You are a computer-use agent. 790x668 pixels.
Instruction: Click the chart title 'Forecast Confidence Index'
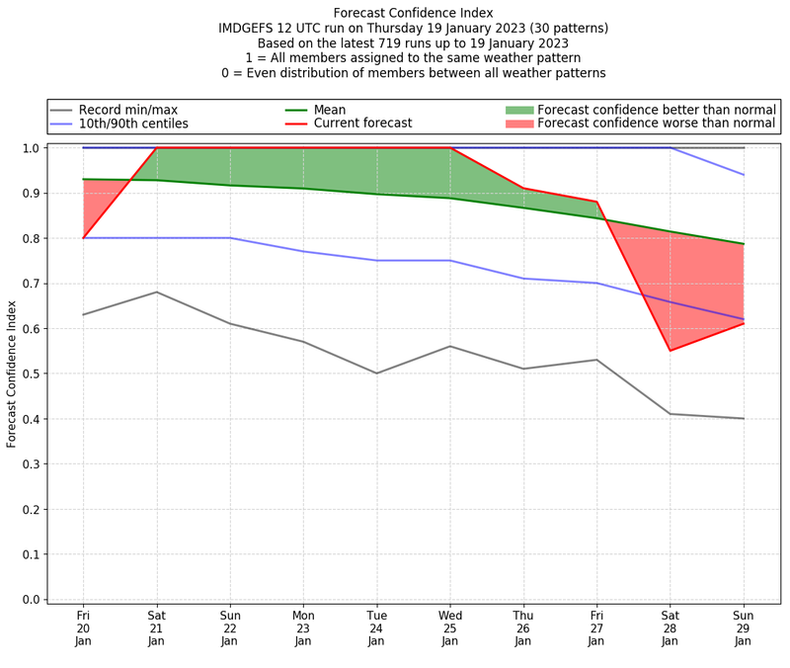[413, 13]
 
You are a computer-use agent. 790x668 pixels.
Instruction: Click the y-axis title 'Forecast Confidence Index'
[12, 374]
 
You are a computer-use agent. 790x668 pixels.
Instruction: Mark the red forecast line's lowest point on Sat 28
[671, 351]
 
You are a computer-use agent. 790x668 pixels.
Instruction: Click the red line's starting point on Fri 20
[83, 238]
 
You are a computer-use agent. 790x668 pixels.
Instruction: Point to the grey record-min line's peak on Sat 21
[157, 292]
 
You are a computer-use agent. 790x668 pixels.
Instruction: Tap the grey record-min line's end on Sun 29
[744, 419]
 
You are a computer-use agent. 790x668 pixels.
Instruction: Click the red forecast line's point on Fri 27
[596, 202]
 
